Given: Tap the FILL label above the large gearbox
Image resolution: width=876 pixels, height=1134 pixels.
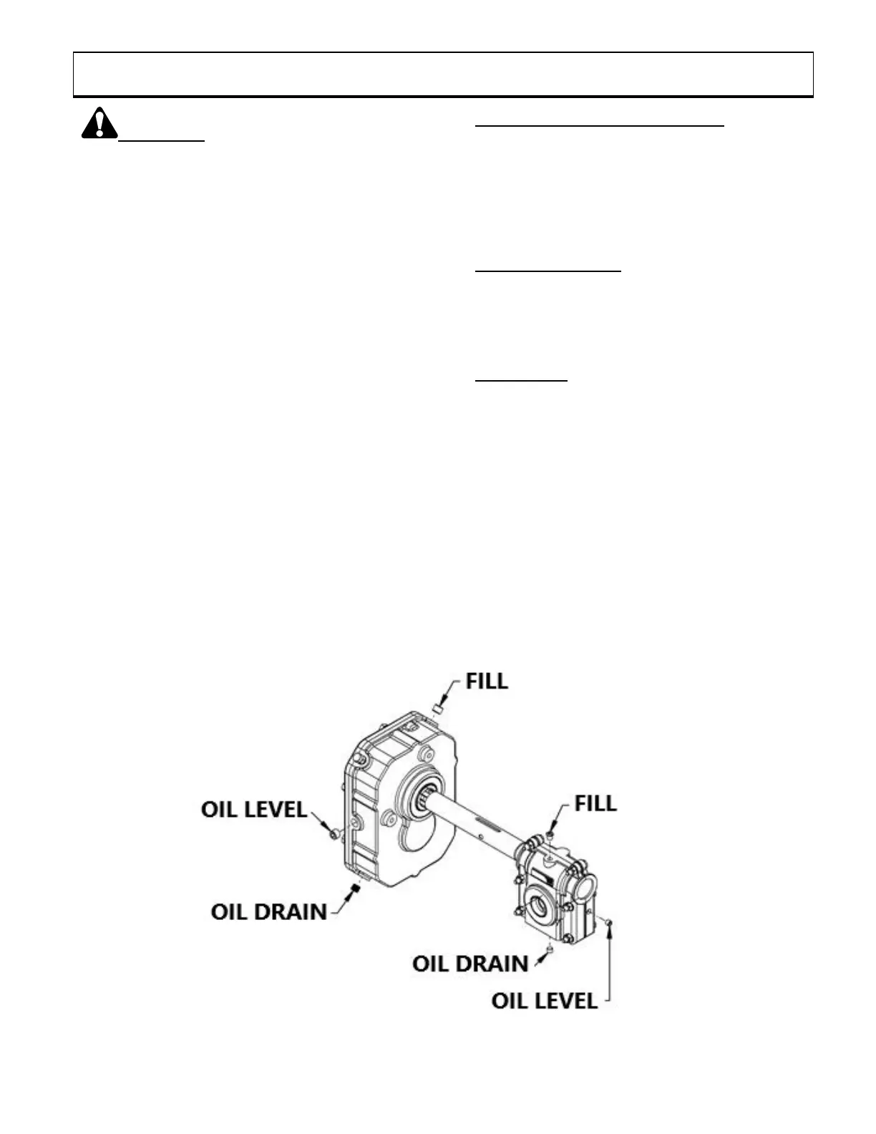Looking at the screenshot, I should pyautogui.click(x=487, y=680).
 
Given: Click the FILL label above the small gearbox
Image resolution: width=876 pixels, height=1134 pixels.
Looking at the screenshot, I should pyautogui.click(x=595, y=803).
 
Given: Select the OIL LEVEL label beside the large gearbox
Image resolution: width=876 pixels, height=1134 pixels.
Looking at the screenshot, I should pyautogui.click(x=254, y=810).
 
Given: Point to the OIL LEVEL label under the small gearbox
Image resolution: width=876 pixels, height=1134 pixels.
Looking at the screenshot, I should pyautogui.click(x=544, y=1000).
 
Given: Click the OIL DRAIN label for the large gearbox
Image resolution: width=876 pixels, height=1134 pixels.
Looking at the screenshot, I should pyautogui.click(x=269, y=911).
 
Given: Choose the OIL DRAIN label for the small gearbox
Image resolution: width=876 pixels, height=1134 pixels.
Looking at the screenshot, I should pyautogui.click(x=470, y=964).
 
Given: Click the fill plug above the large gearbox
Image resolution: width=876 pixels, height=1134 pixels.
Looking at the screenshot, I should pyautogui.click(x=437, y=709).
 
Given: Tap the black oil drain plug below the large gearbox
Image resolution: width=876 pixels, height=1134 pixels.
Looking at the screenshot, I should pyautogui.click(x=354, y=889).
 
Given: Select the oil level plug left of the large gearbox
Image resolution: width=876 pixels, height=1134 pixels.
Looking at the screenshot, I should pyautogui.click(x=333, y=835).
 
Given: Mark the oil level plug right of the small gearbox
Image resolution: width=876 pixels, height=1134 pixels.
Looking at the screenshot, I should pyautogui.click(x=608, y=922).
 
